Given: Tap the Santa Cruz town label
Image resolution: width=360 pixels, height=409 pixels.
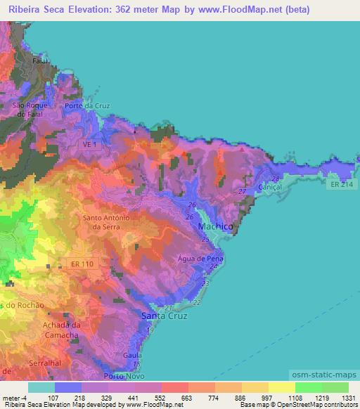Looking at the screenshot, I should click(163, 316).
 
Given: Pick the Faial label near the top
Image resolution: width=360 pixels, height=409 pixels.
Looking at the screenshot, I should click(39, 61).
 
